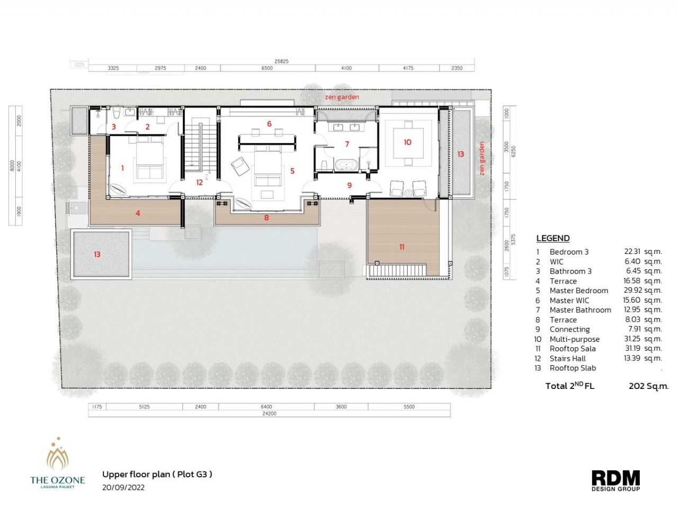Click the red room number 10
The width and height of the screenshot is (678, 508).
tap(407, 142)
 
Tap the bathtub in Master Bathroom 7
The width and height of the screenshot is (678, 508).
tap(347, 165)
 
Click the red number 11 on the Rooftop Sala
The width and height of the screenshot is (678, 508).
tap(402, 247)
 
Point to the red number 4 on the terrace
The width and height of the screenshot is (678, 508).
tap(138, 213)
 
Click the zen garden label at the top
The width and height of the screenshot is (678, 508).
tap(342, 97)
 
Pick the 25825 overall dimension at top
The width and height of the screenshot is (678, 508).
tap(281, 61)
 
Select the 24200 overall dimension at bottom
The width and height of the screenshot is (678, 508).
tap(269, 413)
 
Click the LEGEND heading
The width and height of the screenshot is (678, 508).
tap(552, 238)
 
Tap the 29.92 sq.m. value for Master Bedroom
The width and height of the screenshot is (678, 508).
tap(642, 290)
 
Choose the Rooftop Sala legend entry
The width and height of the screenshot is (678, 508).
tap(572, 348)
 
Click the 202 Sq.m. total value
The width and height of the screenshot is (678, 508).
tap(648, 386)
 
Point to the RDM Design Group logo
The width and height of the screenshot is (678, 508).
tap(615, 480)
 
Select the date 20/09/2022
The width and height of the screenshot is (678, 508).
tap(123, 487)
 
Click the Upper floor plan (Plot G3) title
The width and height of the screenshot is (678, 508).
tap(157, 474)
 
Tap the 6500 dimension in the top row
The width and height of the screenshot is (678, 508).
tap(267, 68)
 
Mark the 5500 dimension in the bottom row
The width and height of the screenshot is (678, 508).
tap(409, 407)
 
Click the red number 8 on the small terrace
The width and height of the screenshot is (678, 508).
tap(266, 217)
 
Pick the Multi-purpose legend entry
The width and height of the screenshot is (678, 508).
tap(574, 339)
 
